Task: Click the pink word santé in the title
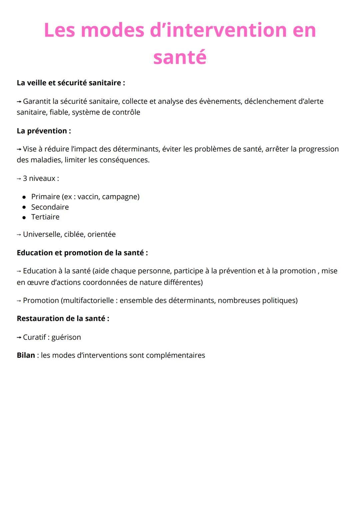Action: (180, 57)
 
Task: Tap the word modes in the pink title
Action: (112, 30)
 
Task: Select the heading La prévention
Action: (44, 131)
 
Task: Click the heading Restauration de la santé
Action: (63, 319)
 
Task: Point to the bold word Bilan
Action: (26, 355)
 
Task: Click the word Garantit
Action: (37, 101)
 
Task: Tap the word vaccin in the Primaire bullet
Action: (88, 197)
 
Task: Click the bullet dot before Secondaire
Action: (24, 207)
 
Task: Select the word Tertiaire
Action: (45, 217)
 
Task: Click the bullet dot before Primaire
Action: (24, 197)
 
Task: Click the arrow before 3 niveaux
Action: (19, 179)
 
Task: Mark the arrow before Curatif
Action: (19, 338)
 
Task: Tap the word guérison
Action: (66, 337)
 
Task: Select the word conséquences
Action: (125, 160)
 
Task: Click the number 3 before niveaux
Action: (25, 178)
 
